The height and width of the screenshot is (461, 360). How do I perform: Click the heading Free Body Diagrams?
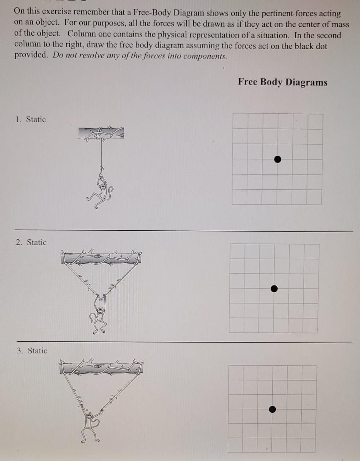(x=283, y=82)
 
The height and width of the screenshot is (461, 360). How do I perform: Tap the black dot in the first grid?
(x=277, y=159)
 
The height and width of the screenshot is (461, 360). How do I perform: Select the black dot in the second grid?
(x=274, y=288)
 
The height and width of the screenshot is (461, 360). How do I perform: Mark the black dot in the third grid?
(x=273, y=409)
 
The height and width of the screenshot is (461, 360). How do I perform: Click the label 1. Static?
(x=31, y=120)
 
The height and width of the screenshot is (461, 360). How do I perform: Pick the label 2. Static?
(x=31, y=242)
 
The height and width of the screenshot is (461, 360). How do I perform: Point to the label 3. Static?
(x=32, y=351)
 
